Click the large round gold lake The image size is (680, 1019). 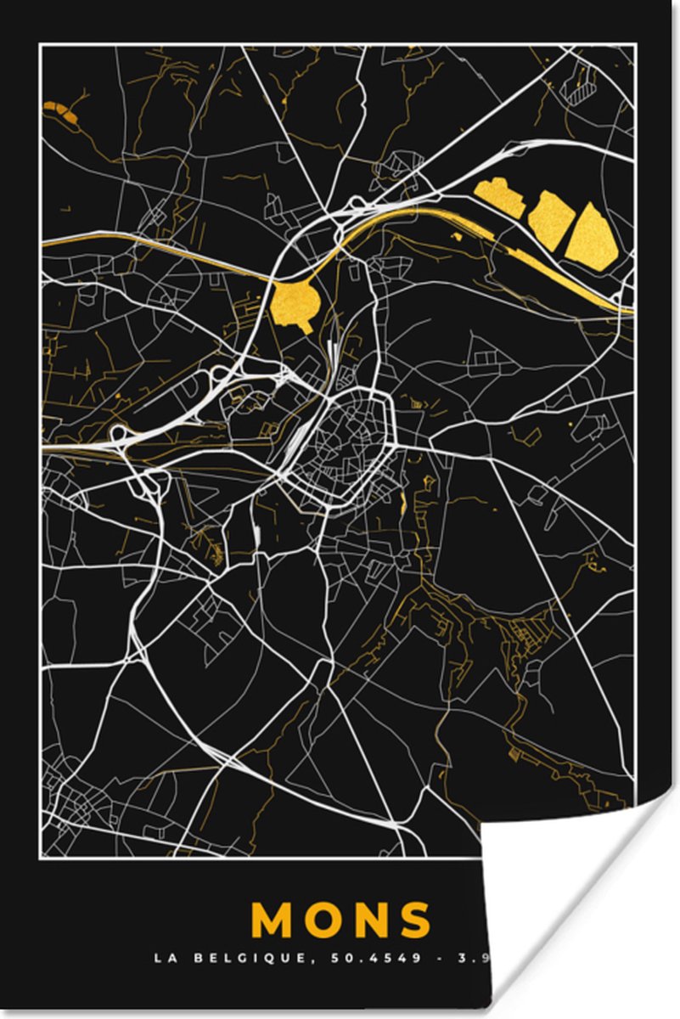tap(294, 305)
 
